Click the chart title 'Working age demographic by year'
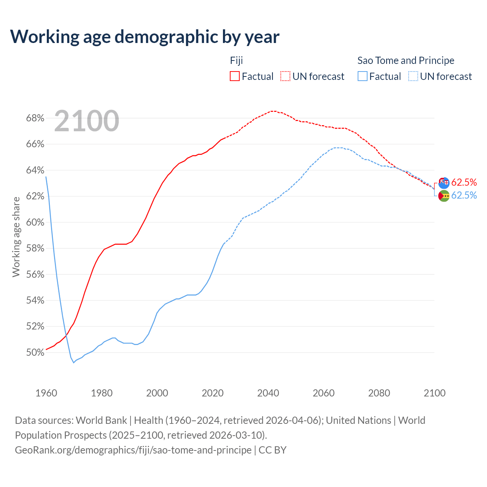(x=145, y=37)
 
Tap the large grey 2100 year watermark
(x=87, y=121)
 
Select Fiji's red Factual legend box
(x=235, y=76)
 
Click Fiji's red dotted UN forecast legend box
(x=285, y=76)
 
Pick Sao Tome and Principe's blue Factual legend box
(x=363, y=76)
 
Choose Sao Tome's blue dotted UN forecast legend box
(x=413, y=76)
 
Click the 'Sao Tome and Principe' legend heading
(x=406, y=60)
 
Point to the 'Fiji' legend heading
(x=236, y=60)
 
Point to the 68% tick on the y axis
(x=35, y=118)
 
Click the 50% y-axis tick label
(x=35, y=352)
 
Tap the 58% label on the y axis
(x=35, y=248)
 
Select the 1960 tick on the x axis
(x=46, y=393)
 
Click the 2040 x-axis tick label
(x=268, y=393)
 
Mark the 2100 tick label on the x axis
(x=434, y=393)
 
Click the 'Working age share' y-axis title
(x=16, y=237)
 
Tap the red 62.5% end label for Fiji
(x=464, y=182)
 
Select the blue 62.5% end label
(x=464, y=195)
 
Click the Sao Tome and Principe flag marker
(x=444, y=196)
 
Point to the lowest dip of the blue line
(x=74, y=363)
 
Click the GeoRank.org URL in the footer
(x=133, y=450)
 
